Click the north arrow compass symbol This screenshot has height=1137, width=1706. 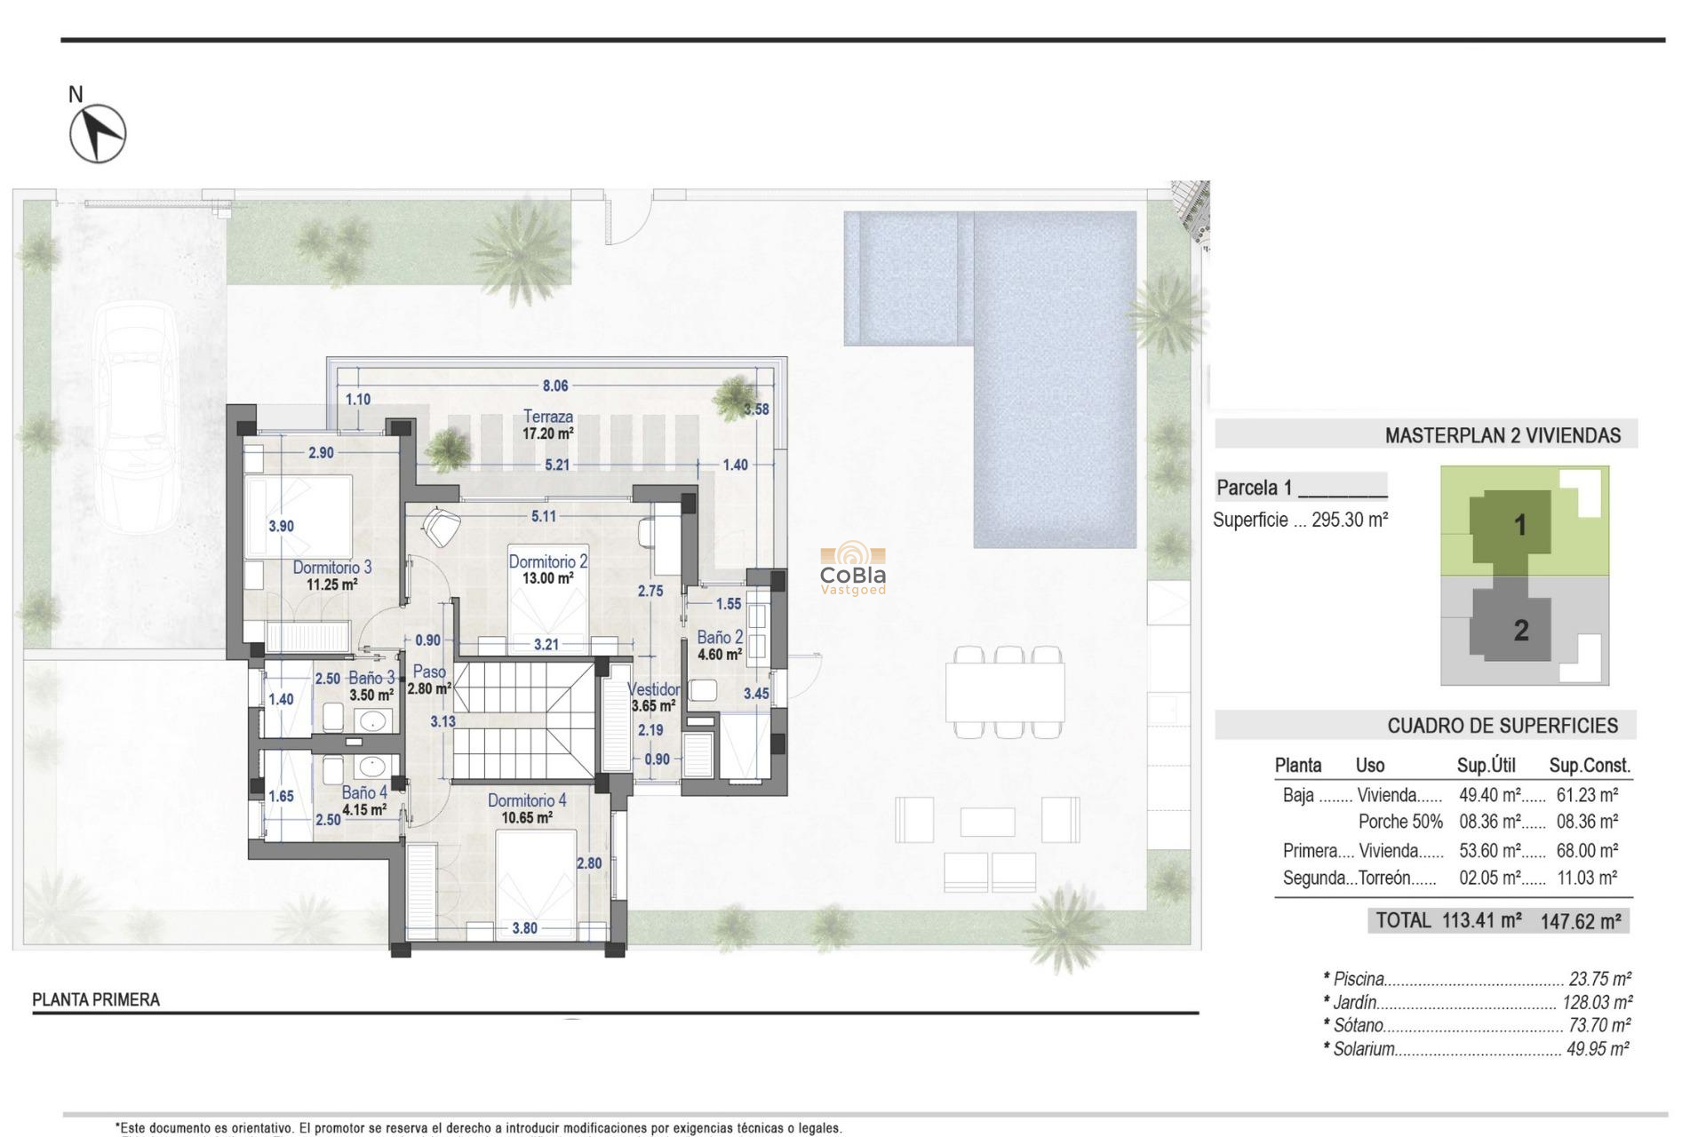(x=98, y=133)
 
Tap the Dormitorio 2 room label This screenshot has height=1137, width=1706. (x=547, y=561)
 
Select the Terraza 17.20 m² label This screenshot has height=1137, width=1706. (x=548, y=425)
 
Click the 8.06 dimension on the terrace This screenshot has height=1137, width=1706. (x=555, y=386)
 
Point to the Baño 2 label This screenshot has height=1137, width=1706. (x=719, y=637)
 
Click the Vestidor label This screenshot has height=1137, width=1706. (x=653, y=689)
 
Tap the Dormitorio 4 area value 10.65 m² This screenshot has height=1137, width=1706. (x=527, y=817)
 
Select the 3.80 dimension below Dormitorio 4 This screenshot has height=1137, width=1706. (x=524, y=928)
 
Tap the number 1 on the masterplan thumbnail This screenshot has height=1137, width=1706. (x=1520, y=525)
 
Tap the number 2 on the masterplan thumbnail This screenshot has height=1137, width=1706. (x=1521, y=631)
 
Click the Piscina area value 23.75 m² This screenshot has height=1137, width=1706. (x=1599, y=979)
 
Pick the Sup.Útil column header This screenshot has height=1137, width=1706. (x=1486, y=766)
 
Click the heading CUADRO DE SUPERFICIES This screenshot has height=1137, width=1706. (x=1502, y=726)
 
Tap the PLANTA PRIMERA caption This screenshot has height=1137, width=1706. (x=96, y=999)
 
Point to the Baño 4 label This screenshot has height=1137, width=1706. (x=364, y=792)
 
